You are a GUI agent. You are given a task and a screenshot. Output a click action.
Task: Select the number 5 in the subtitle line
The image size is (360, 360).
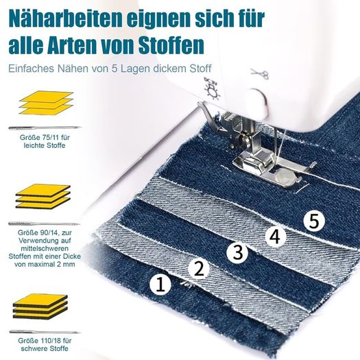point(115,69)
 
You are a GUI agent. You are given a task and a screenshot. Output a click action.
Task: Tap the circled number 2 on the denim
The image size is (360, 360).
point(199,269)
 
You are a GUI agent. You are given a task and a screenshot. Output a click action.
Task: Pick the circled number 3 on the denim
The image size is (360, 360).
point(237,252)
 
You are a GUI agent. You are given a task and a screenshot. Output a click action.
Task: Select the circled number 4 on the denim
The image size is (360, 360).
point(276,237)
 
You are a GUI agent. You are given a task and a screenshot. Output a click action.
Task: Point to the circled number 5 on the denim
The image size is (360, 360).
point(314,221)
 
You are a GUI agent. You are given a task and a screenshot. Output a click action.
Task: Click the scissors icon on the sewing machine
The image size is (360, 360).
point(260,73)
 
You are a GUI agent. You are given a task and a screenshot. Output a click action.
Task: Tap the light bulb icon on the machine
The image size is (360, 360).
point(213,89)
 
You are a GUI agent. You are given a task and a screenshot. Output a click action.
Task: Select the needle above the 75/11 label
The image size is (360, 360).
point(45,128)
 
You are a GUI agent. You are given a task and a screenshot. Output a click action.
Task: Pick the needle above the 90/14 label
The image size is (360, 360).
point(45,224)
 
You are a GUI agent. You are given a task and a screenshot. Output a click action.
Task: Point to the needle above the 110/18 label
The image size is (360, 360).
point(45,332)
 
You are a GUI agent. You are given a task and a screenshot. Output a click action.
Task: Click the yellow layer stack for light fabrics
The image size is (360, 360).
point(46,103)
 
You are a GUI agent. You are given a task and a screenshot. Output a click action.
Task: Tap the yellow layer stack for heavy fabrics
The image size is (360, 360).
point(40,307)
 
